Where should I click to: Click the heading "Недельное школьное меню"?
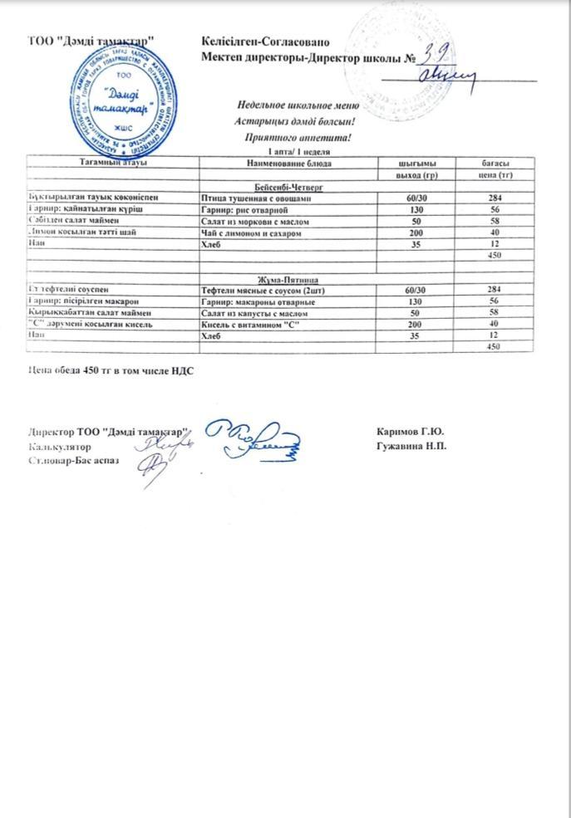(x=298, y=105)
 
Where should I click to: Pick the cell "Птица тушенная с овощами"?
(x=256, y=199)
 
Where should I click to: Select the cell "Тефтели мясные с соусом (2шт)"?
(x=263, y=291)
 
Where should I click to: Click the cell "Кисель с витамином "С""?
(x=250, y=325)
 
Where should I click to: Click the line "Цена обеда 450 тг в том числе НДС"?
(x=111, y=370)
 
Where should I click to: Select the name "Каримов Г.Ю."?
(x=410, y=432)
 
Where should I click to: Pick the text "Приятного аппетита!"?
(x=298, y=137)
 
